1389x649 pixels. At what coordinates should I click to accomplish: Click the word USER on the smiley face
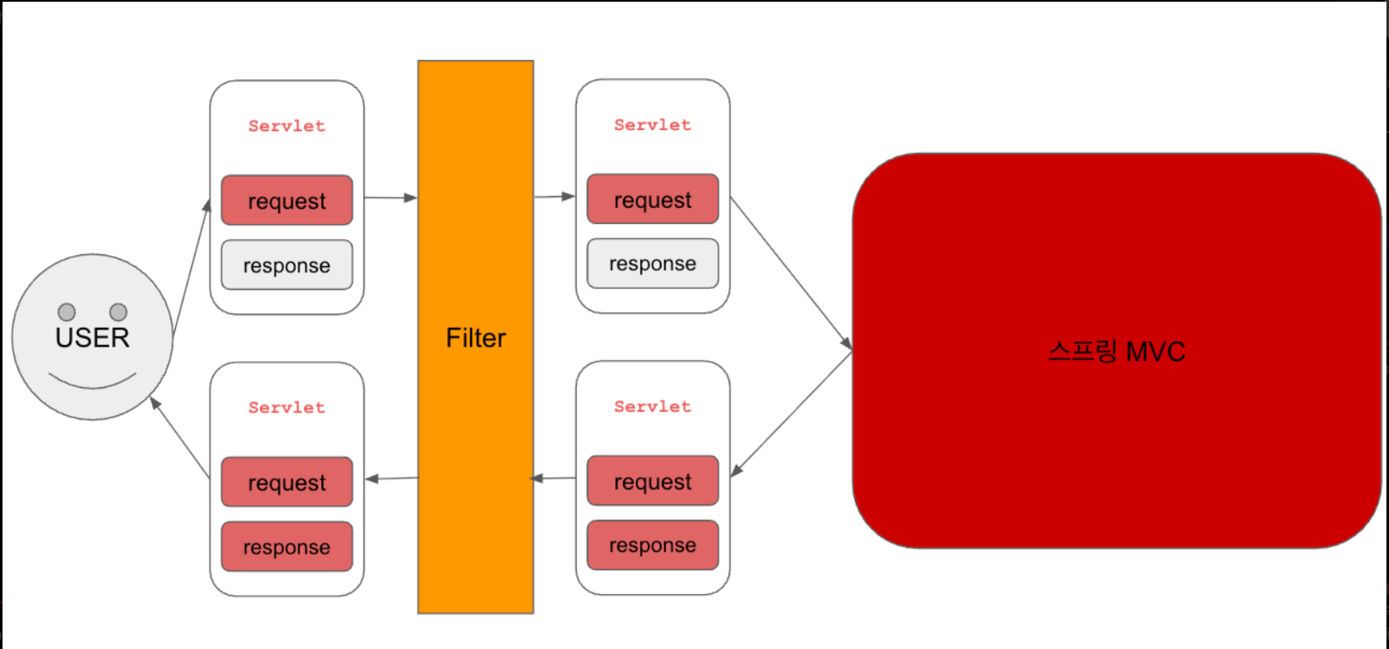coord(92,338)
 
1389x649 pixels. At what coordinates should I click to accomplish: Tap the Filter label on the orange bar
coord(475,338)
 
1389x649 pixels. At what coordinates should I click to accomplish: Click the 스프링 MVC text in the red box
coord(1117,352)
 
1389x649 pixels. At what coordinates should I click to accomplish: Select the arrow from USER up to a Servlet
coord(192,266)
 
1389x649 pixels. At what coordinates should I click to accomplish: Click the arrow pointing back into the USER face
coord(179,437)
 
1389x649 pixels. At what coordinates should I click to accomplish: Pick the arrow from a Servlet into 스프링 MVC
coord(791,272)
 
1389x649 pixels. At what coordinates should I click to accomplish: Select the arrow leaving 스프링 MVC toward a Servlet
coord(791,413)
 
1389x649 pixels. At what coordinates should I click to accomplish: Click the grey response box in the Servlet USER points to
coord(287,265)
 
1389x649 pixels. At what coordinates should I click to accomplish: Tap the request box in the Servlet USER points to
coord(287,201)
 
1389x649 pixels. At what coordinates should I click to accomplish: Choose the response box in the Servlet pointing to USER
coord(287,547)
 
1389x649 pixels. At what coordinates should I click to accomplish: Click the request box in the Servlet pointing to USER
coord(287,483)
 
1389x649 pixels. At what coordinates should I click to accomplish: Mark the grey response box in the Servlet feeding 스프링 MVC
coord(653,264)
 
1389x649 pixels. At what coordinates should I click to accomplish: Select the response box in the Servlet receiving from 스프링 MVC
coord(653,545)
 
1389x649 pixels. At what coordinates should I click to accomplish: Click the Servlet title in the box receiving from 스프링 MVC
coord(653,406)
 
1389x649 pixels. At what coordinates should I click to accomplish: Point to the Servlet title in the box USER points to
coord(287,126)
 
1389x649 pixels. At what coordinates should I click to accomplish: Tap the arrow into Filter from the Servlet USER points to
coord(391,198)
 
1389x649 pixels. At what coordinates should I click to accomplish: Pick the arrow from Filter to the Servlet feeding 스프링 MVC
coord(555,197)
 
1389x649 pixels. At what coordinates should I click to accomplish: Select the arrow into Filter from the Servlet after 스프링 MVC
coord(555,478)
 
